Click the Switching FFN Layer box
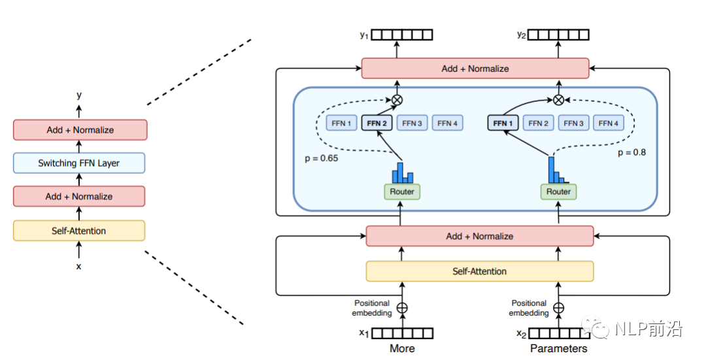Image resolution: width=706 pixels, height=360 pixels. pos(79,163)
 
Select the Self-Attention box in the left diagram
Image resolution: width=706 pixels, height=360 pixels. pos(79,231)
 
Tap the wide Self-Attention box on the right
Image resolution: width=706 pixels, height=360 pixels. pos(479,271)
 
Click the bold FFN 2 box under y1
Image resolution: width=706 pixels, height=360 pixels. pos(377,123)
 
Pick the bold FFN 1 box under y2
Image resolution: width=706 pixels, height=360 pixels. pos(503,123)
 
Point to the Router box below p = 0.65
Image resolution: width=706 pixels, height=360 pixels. pos(402,191)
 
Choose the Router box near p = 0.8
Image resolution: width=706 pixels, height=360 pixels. pos(558,191)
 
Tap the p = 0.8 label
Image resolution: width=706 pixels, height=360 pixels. pos(631,152)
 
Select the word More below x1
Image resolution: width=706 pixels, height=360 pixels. pos(402,348)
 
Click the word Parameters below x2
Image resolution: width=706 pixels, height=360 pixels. pos(558,348)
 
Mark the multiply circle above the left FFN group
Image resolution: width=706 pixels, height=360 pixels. pos(397,100)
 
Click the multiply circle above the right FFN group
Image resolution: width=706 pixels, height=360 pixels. pos(558,100)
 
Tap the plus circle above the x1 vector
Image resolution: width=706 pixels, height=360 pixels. pos(403,308)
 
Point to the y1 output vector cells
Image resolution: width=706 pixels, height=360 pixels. pos(403,35)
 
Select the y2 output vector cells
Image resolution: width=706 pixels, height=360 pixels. pos(558,35)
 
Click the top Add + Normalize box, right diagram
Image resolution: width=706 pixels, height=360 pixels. pos(475,68)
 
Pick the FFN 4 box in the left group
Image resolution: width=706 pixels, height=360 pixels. pos(448,123)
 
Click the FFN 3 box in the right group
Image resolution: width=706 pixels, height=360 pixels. pos(573,123)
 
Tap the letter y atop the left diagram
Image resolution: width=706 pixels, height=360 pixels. pos(79,95)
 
